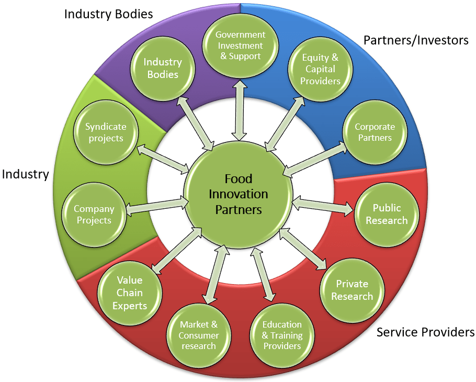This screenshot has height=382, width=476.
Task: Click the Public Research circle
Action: pos(387,214)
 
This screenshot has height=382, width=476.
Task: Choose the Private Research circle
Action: pos(354,290)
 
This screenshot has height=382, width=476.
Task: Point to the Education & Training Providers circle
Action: pos(282,335)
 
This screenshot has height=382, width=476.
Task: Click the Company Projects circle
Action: pos(94,214)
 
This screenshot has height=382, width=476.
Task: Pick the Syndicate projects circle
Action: pos(106,132)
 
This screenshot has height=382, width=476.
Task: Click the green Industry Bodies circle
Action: pos(163,69)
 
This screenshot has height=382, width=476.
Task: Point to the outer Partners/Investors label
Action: pos(416,40)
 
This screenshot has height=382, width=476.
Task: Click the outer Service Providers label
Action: pos(425,332)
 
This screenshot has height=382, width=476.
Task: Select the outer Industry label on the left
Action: pos(25,174)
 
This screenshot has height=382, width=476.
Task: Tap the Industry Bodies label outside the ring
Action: pos(108,14)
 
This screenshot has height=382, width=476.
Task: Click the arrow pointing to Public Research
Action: pos(322,204)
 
